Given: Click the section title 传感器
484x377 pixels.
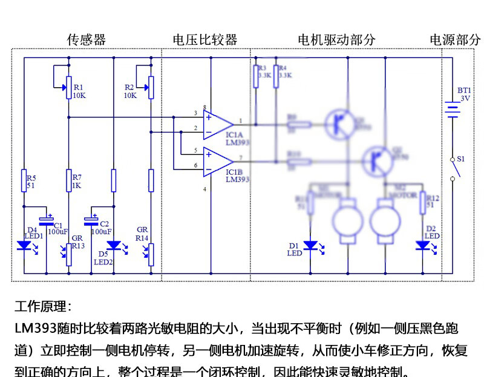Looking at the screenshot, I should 87,40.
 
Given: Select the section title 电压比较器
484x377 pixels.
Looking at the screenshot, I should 205,40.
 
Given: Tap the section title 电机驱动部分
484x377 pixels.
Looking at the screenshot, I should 336,40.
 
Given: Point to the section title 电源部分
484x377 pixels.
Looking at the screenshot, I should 455,40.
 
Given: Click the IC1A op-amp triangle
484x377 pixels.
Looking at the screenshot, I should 218,123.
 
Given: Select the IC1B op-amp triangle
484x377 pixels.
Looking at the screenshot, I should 218,162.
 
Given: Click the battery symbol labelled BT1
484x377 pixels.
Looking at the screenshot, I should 452,110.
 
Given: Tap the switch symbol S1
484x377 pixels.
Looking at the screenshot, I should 453,169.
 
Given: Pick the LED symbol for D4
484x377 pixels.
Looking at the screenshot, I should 25,246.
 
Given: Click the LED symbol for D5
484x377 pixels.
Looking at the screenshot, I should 113,246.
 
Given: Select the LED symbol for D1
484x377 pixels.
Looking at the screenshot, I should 310,246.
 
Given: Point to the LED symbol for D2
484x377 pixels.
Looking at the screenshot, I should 422,246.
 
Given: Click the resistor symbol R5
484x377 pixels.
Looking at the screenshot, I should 25,181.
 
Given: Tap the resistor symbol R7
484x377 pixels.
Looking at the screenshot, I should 69,180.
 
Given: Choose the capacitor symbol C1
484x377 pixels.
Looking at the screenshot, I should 46,218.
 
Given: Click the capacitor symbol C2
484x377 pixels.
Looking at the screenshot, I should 91,218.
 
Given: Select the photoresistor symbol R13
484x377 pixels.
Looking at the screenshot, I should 69,254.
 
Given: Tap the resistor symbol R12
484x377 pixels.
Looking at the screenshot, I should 422,204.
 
